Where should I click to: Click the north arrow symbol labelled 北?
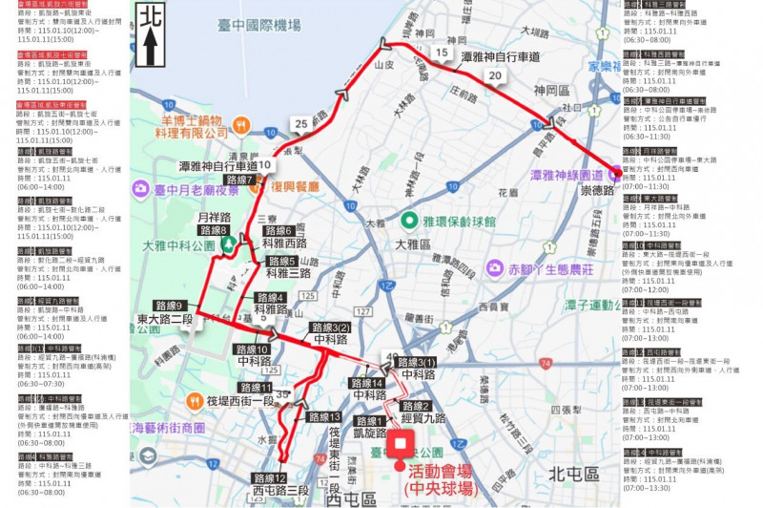click(x=150, y=35)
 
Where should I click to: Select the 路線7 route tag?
click(x=239, y=180)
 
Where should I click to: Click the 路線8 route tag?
click(x=214, y=230)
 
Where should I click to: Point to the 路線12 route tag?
click(x=270, y=477)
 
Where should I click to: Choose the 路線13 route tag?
click(x=324, y=416)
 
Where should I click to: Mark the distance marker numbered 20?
click(x=494, y=76)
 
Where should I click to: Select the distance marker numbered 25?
click(x=301, y=123)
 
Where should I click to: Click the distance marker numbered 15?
click(x=440, y=53)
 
